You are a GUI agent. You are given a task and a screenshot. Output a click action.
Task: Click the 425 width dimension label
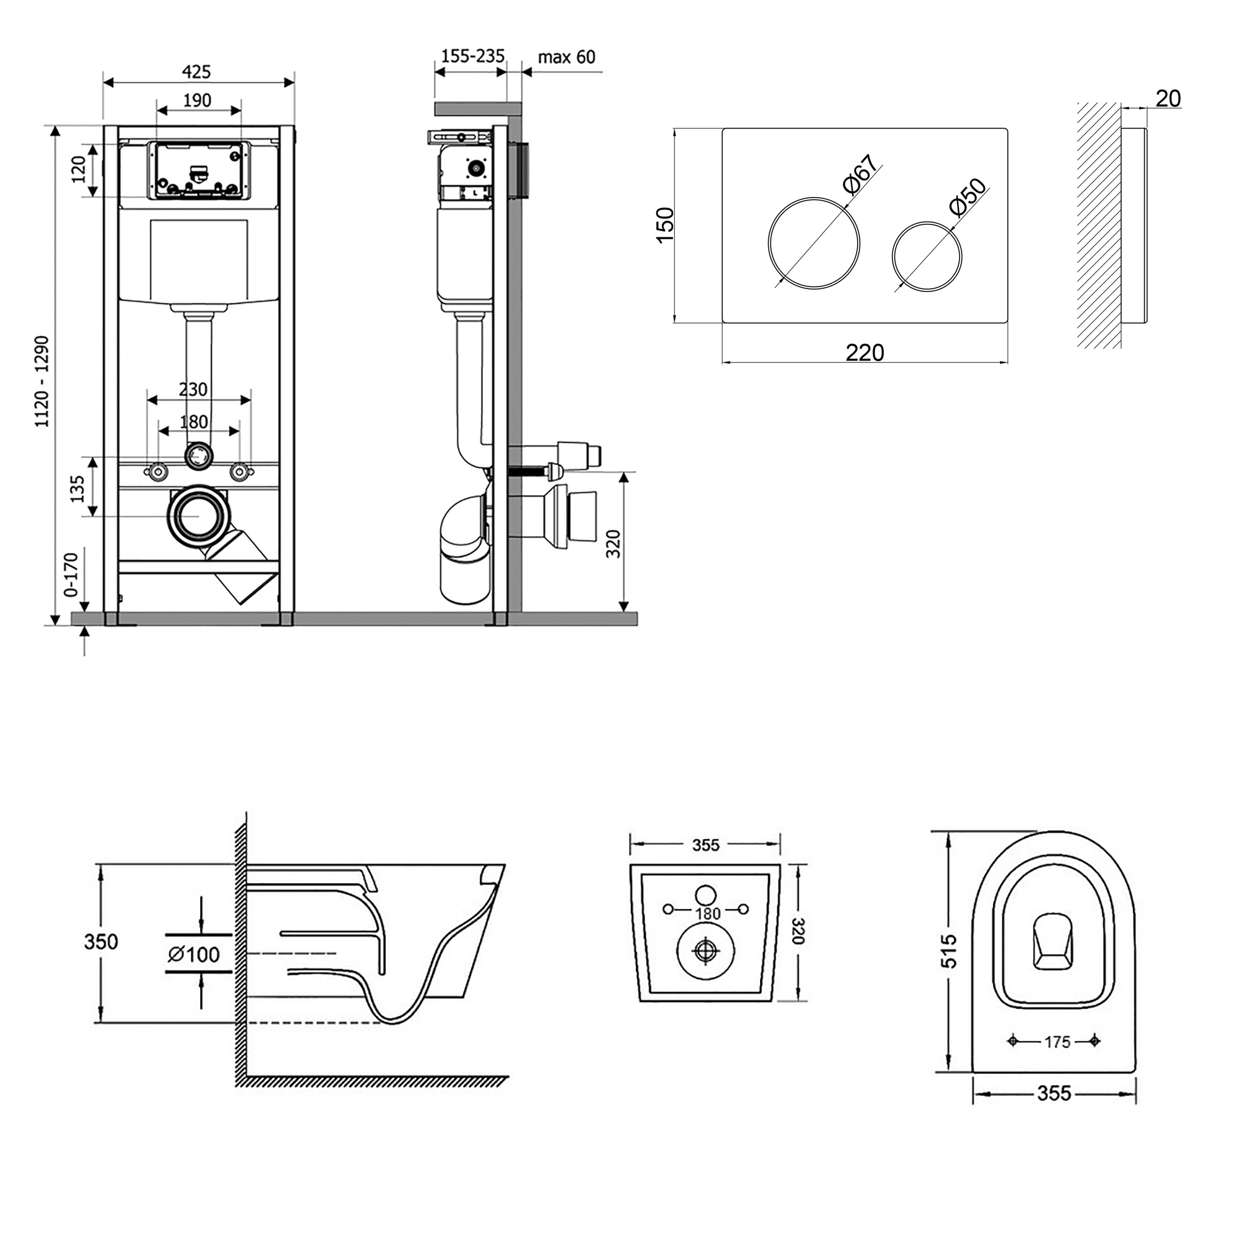(196, 71)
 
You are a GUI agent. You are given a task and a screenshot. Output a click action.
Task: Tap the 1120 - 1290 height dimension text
(42, 382)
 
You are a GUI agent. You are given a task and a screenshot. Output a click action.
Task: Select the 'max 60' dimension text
(566, 57)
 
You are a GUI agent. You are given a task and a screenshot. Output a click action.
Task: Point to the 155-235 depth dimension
(472, 57)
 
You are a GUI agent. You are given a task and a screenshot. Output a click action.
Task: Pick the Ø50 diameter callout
(967, 197)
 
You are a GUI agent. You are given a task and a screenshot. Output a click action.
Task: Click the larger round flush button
(814, 243)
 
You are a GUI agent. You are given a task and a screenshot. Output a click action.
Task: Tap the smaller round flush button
(927, 256)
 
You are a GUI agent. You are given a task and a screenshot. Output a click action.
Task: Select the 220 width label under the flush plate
(865, 352)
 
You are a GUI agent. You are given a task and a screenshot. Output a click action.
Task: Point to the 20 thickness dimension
(1168, 98)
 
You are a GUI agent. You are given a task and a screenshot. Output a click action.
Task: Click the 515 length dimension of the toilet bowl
(949, 951)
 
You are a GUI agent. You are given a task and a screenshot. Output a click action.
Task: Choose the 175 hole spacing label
(1057, 1060)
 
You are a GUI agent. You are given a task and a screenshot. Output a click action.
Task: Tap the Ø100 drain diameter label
(194, 954)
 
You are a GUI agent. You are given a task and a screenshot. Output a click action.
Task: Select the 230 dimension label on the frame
(193, 389)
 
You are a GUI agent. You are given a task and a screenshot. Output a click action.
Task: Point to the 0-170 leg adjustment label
(70, 574)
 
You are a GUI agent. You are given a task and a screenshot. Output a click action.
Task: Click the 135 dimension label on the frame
(77, 489)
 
